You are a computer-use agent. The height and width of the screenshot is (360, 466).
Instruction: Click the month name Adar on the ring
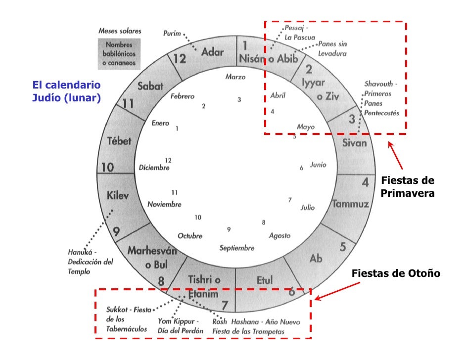pyautogui.click(x=213, y=52)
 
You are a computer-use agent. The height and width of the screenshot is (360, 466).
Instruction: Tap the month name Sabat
pyautogui.click(x=150, y=86)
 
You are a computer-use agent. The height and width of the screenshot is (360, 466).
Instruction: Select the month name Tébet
pyautogui.click(x=119, y=141)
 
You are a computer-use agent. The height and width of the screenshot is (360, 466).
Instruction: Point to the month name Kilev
pyautogui.click(x=118, y=196)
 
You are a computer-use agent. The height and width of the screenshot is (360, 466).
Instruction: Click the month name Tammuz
pyautogui.click(x=350, y=204)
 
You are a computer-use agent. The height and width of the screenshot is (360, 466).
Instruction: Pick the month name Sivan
pyautogui.click(x=355, y=143)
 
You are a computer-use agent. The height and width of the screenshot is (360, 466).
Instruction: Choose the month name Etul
pyautogui.click(x=265, y=280)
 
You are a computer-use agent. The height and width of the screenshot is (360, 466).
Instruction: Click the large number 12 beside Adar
pyautogui.click(x=179, y=59)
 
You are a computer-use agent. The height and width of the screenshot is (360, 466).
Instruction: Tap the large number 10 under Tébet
pyautogui.click(x=107, y=168)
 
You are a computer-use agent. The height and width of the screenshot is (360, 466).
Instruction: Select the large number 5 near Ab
pyautogui.click(x=343, y=247)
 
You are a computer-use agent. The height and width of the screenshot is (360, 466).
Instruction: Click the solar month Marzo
pyautogui.click(x=235, y=77)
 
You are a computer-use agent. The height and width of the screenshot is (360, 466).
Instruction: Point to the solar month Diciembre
pyautogui.click(x=154, y=168)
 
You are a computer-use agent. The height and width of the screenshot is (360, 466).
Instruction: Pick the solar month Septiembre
pyautogui.click(x=237, y=248)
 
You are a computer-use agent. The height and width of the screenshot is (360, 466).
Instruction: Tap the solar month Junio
pyautogui.click(x=318, y=165)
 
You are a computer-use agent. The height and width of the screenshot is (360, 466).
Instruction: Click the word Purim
pyautogui.click(x=172, y=33)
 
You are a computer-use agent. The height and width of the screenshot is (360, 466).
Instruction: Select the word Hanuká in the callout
pyautogui.click(x=79, y=252)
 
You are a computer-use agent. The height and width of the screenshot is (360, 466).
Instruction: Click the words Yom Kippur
pyautogui.click(x=178, y=321)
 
